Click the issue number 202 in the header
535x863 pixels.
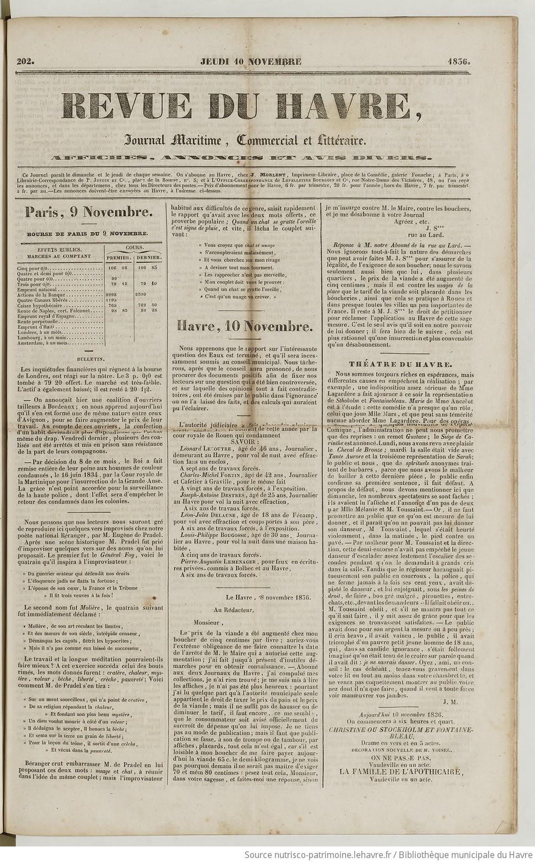click(x=25, y=61)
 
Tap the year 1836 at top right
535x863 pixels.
click(x=458, y=61)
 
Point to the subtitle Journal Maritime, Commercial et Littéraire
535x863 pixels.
click(x=245, y=141)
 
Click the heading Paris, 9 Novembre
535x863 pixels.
click(x=88, y=212)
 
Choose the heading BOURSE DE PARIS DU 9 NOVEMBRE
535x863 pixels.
click(x=88, y=234)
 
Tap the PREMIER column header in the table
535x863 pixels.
click(x=118, y=257)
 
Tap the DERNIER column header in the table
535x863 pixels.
click(x=148, y=257)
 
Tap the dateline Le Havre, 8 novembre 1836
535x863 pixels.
click(x=268, y=596)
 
